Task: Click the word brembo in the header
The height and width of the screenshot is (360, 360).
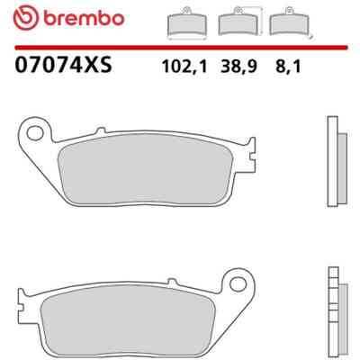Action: pyautogui.click(x=84, y=18)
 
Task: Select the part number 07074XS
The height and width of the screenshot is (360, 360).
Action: pyautogui.click(x=63, y=65)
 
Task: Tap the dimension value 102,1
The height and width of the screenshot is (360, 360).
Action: pyautogui.click(x=184, y=67)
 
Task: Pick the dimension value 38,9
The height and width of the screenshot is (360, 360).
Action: pyautogui.click(x=238, y=67)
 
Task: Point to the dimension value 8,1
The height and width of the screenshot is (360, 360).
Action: pyautogui.click(x=288, y=67)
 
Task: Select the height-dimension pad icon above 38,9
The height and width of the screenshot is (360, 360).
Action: pyautogui.click(x=240, y=22)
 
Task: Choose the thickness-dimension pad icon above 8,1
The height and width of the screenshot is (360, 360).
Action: pyautogui.click(x=291, y=22)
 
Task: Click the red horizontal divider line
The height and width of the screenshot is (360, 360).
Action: pyautogui.click(x=181, y=48)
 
